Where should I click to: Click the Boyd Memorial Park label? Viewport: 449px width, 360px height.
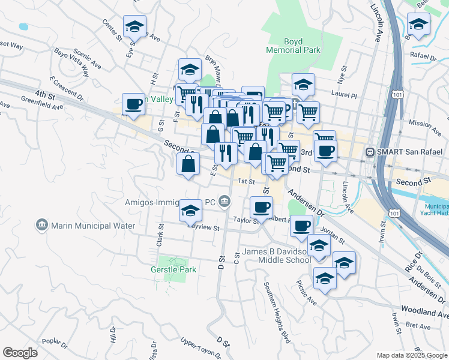pos(302,47)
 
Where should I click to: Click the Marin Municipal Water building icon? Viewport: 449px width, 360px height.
pos(42,225)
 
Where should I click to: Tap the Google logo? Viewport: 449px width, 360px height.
pos(20,353)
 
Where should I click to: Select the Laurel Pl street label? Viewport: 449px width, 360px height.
pos(345,95)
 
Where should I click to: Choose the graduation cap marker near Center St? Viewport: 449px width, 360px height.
pos(135,27)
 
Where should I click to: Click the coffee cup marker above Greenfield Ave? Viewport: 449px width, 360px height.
pos(133,104)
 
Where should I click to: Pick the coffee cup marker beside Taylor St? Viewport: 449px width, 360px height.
pos(261,208)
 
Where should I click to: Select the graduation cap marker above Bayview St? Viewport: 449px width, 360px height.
pos(190,211)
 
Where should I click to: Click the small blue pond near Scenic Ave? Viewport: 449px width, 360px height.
pos(23,27)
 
